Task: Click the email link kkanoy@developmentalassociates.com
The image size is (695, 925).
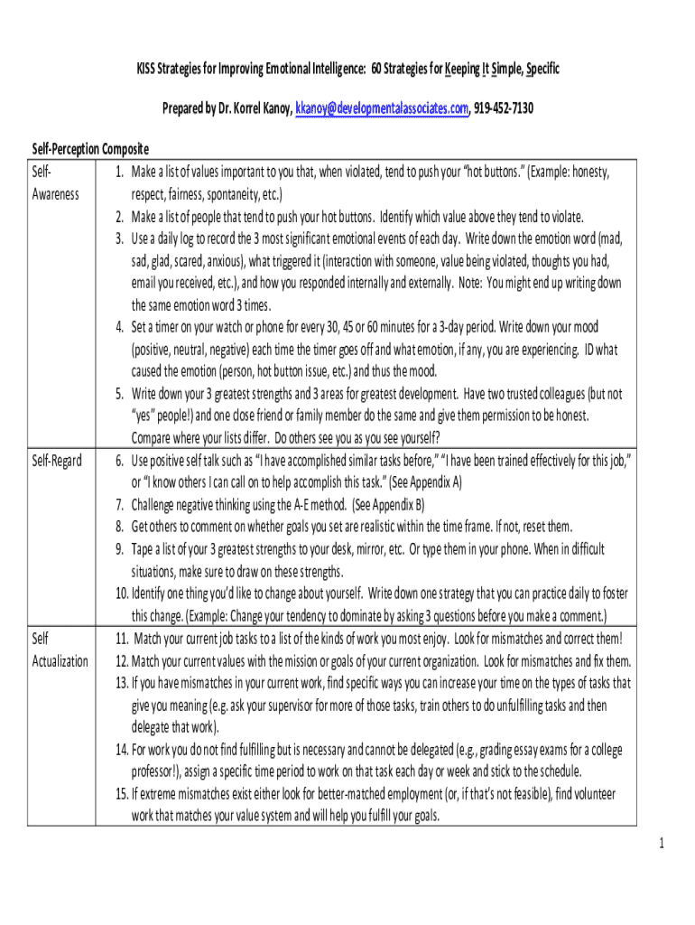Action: [382, 109]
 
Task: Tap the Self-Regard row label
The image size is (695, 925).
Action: [57, 461]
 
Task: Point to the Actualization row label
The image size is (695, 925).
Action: [60, 661]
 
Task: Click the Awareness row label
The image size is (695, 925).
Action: [56, 194]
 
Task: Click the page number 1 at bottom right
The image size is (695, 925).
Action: [661, 844]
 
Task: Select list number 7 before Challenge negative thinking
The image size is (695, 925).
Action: [118, 505]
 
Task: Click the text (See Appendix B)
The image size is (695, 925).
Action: [387, 505]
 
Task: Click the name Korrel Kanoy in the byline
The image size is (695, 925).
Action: [255, 109]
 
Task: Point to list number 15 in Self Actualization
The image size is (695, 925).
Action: [122, 795]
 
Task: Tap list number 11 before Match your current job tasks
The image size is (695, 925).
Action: [122, 639]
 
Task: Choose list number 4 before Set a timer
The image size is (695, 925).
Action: [118, 327]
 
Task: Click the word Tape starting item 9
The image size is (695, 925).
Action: [145, 549]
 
